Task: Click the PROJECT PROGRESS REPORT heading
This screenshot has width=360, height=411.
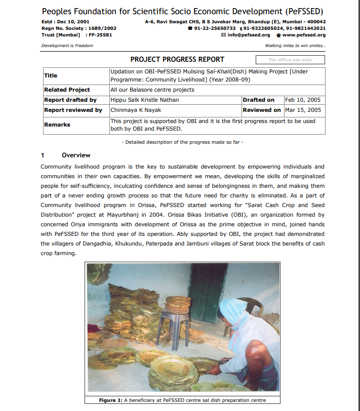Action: (177, 60)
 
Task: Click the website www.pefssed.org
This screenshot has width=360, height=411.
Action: (303, 35)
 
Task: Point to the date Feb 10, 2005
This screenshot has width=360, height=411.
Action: (303, 100)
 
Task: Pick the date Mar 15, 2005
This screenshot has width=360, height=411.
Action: (303, 110)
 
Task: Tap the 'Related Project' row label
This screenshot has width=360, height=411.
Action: (67, 90)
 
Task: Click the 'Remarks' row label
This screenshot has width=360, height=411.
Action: (57, 125)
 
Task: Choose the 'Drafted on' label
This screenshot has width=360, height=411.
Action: (258, 100)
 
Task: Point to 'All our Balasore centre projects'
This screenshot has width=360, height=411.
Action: (152, 90)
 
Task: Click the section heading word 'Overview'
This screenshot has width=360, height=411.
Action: (76, 155)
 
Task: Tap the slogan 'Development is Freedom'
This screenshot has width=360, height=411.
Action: (67, 46)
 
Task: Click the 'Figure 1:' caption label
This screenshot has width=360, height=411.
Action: (110, 400)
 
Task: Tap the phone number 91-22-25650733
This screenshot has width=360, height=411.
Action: (215, 28)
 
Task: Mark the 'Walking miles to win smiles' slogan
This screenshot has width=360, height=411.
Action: (295, 46)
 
